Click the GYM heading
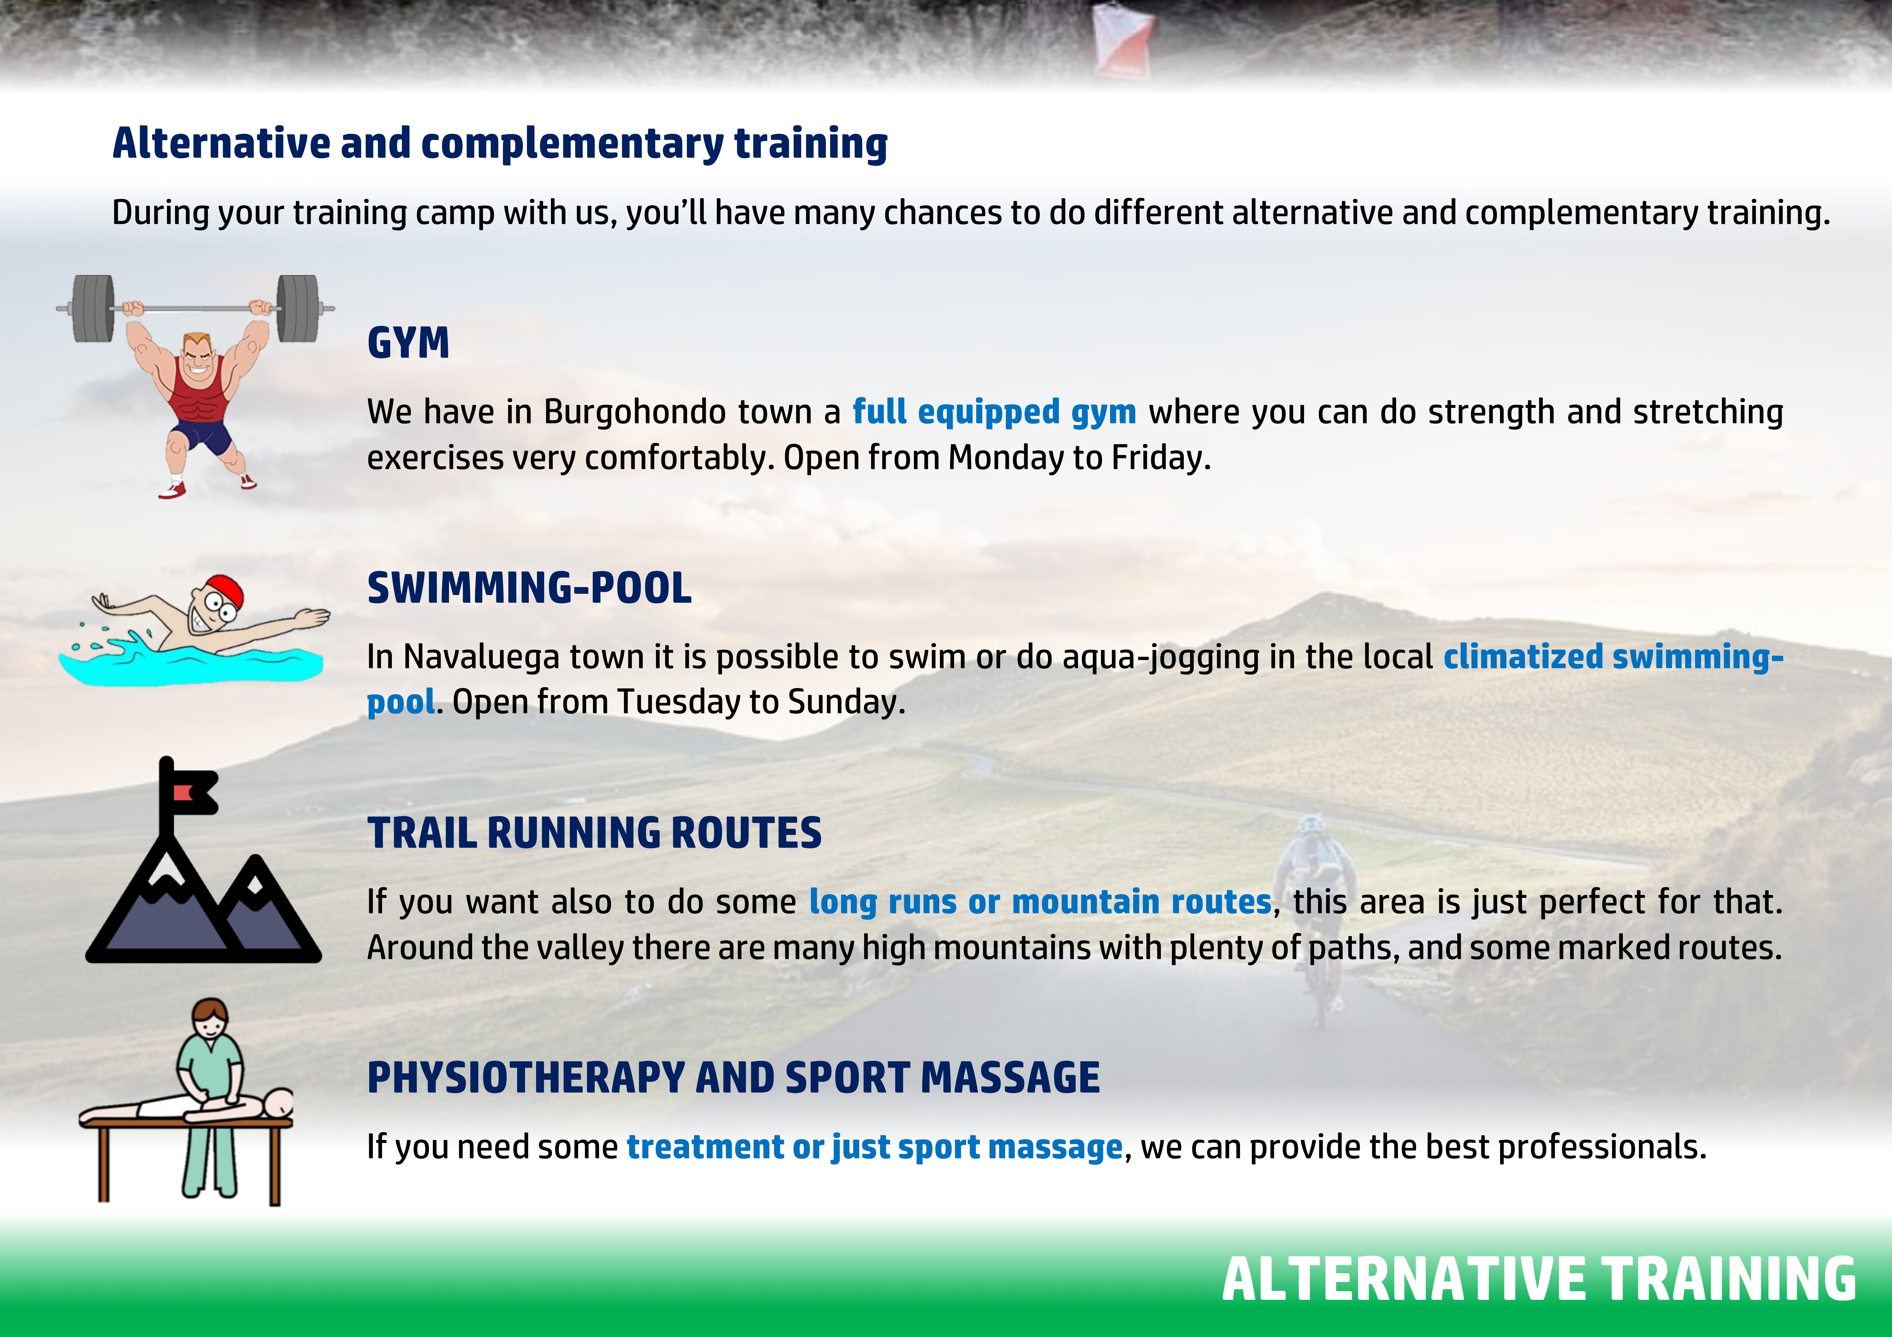coord(408,343)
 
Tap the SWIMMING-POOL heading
coord(529,588)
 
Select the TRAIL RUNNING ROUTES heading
coord(594,833)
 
